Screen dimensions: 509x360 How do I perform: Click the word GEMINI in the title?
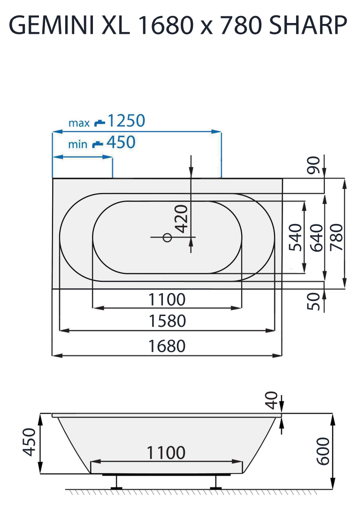[51, 26]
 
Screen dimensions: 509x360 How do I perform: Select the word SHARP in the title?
[308, 26]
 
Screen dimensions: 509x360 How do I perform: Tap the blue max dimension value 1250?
[126, 121]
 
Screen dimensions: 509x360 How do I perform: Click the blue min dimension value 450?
[121, 142]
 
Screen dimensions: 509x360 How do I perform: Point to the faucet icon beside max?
[100, 123]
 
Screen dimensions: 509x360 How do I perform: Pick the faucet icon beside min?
[97, 144]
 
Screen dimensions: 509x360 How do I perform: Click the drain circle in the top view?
[167, 238]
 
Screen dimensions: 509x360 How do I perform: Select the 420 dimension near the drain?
[182, 218]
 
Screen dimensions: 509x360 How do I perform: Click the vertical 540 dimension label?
[295, 237]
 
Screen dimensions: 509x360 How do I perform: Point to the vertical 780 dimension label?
[337, 237]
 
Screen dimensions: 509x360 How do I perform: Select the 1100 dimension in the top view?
[167, 299]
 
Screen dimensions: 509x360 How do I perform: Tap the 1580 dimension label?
[167, 321]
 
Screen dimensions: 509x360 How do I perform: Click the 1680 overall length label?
[167, 346]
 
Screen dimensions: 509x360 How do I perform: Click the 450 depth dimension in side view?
[30, 442]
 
